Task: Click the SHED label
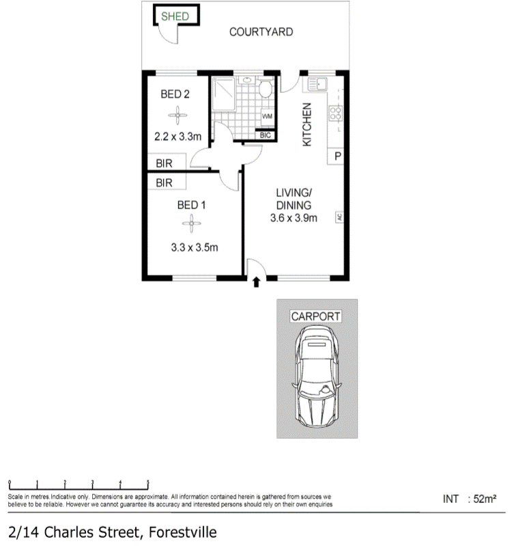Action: pyautogui.click(x=175, y=16)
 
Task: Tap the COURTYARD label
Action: pyautogui.click(x=261, y=31)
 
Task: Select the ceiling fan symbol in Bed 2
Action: pyautogui.click(x=177, y=115)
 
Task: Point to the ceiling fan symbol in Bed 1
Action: pyautogui.click(x=192, y=223)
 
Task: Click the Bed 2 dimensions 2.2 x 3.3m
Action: pyautogui.click(x=177, y=136)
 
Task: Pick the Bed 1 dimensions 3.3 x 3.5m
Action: pyautogui.click(x=195, y=247)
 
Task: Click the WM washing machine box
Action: pyautogui.click(x=267, y=117)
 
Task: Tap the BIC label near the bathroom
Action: pyautogui.click(x=265, y=135)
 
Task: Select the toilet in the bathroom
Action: pyautogui.click(x=266, y=89)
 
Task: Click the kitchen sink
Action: pyautogui.click(x=317, y=85)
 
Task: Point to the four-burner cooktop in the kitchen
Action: pyautogui.click(x=336, y=113)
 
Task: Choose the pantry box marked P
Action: pyautogui.click(x=336, y=156)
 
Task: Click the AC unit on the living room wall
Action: pyautogui.click(x=339, y=217)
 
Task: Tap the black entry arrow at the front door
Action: pyautogui.click(x=256, y=282)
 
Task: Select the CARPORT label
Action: pyautogui.click(x=316, y=316)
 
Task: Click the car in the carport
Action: pyautogui.click(x=317, y=377)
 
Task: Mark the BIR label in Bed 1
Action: pyautogui.click(x=164, y=183)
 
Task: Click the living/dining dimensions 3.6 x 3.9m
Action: pyautogui.click(x=293, y=218)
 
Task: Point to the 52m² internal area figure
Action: pyautogui.click(x=485, y=499)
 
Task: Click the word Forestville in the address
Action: pyautogui.click(x=183, y=532)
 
